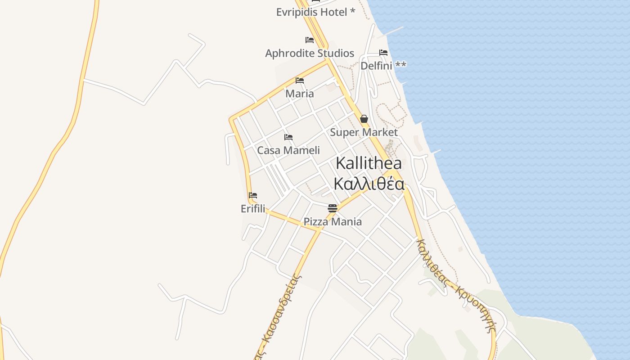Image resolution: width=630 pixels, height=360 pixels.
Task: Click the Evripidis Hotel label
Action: pyautogui.click(x=311, y=12)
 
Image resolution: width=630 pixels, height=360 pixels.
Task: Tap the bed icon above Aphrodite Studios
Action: pyautogui.click(x=310, y=40)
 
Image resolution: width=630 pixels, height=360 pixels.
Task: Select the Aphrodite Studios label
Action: pyautogui.click(x=310, y=53)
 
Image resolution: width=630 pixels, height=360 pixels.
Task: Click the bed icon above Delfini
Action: pyautogui.click(x=383, y=53)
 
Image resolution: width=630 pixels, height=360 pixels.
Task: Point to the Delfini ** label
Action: pyautogui.click(x=383, y=66)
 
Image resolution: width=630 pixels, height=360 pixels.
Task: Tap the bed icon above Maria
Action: pyautogui.click(x=300, y=81)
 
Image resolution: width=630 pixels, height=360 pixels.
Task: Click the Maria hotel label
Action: pyautogui.click(x=300, y=94)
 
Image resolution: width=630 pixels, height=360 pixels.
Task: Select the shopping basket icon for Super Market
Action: pyautogui.click(x=364, y=119)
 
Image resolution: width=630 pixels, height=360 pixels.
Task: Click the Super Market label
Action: pyautogui.click(x=364, y=132)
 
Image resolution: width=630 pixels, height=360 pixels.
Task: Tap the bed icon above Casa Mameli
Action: pyautogui.click(x=288, y=137)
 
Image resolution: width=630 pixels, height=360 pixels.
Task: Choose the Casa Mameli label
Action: pyautogui.click(x=288, y=150)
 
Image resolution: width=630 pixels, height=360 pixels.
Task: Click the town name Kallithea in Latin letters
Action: pyautogui.click(x=369, y=163)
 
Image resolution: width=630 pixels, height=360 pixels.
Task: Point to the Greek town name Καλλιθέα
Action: pyautogui.click(x=369, y=184)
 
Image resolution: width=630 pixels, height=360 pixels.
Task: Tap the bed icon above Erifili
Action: pyautogui.click(x=253, y=195)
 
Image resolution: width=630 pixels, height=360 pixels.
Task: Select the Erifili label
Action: pyautogui.click(x=253, y=209)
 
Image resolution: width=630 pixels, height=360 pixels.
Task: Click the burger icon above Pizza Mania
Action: pyautogui.click(x=333, y=208)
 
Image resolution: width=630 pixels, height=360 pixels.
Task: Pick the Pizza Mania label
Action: pyautogui.click(x=333, y=221)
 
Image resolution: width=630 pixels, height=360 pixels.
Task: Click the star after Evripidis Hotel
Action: pyautogui.click(x=352, y=11)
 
